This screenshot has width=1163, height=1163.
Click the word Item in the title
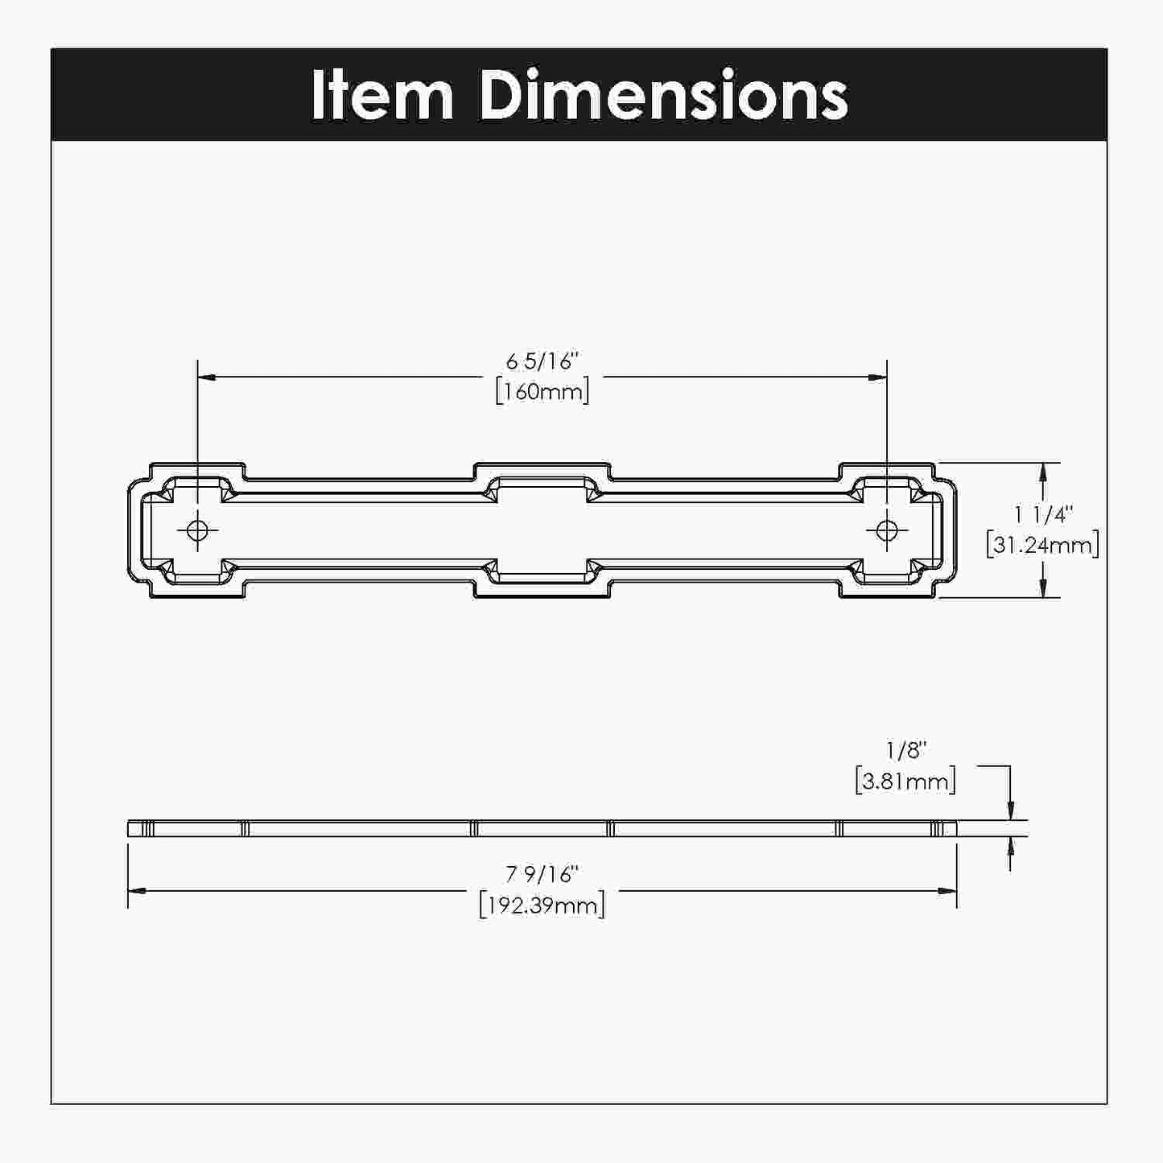381,95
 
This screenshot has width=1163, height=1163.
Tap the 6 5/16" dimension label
542,361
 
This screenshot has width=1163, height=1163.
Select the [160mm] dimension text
542,392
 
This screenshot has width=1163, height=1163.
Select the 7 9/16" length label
542,875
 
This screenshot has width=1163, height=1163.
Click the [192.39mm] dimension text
542,905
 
